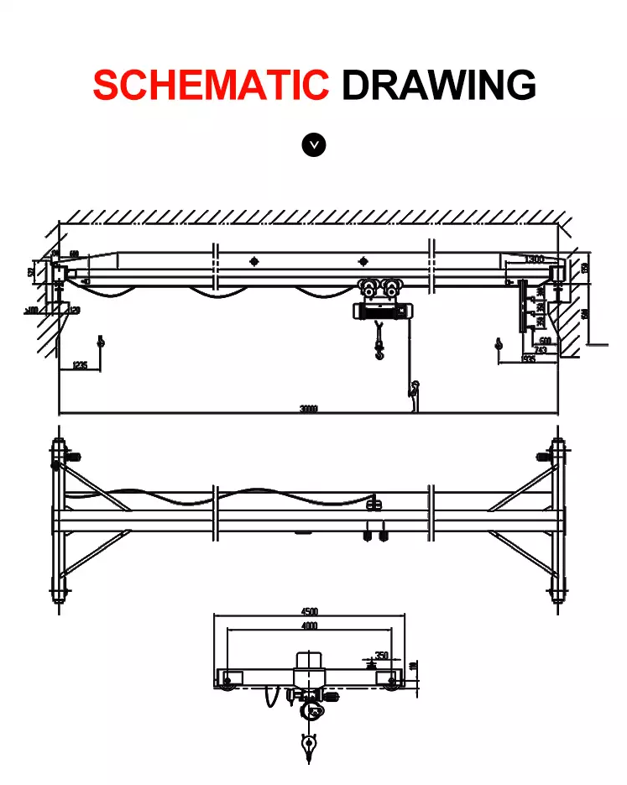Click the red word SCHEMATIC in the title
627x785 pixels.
211,85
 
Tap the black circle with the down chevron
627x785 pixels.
313,144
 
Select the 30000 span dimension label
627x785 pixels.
308,409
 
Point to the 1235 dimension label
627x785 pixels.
80,365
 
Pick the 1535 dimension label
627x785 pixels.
528,358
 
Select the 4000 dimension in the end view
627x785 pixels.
309,626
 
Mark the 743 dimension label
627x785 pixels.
541,349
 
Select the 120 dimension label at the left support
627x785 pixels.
75,311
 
